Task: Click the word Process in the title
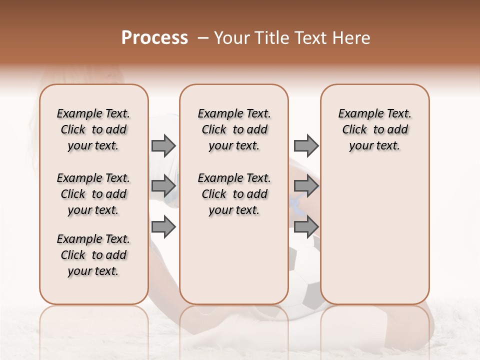point(154,38)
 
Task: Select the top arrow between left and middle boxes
point(163,146)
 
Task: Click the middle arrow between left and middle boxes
point(163,186)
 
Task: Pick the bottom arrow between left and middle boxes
point(163,227)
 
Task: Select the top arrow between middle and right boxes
point(306,146)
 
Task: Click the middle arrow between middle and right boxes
point(306,186)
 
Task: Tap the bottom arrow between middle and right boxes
point(306,227)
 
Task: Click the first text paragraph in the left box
point(93,129)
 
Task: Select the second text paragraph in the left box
point(93,194)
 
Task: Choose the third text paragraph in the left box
point(93,255)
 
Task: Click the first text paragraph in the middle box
point(234,129)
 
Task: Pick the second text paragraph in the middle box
point(234,194)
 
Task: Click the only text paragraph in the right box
point(374,129)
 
